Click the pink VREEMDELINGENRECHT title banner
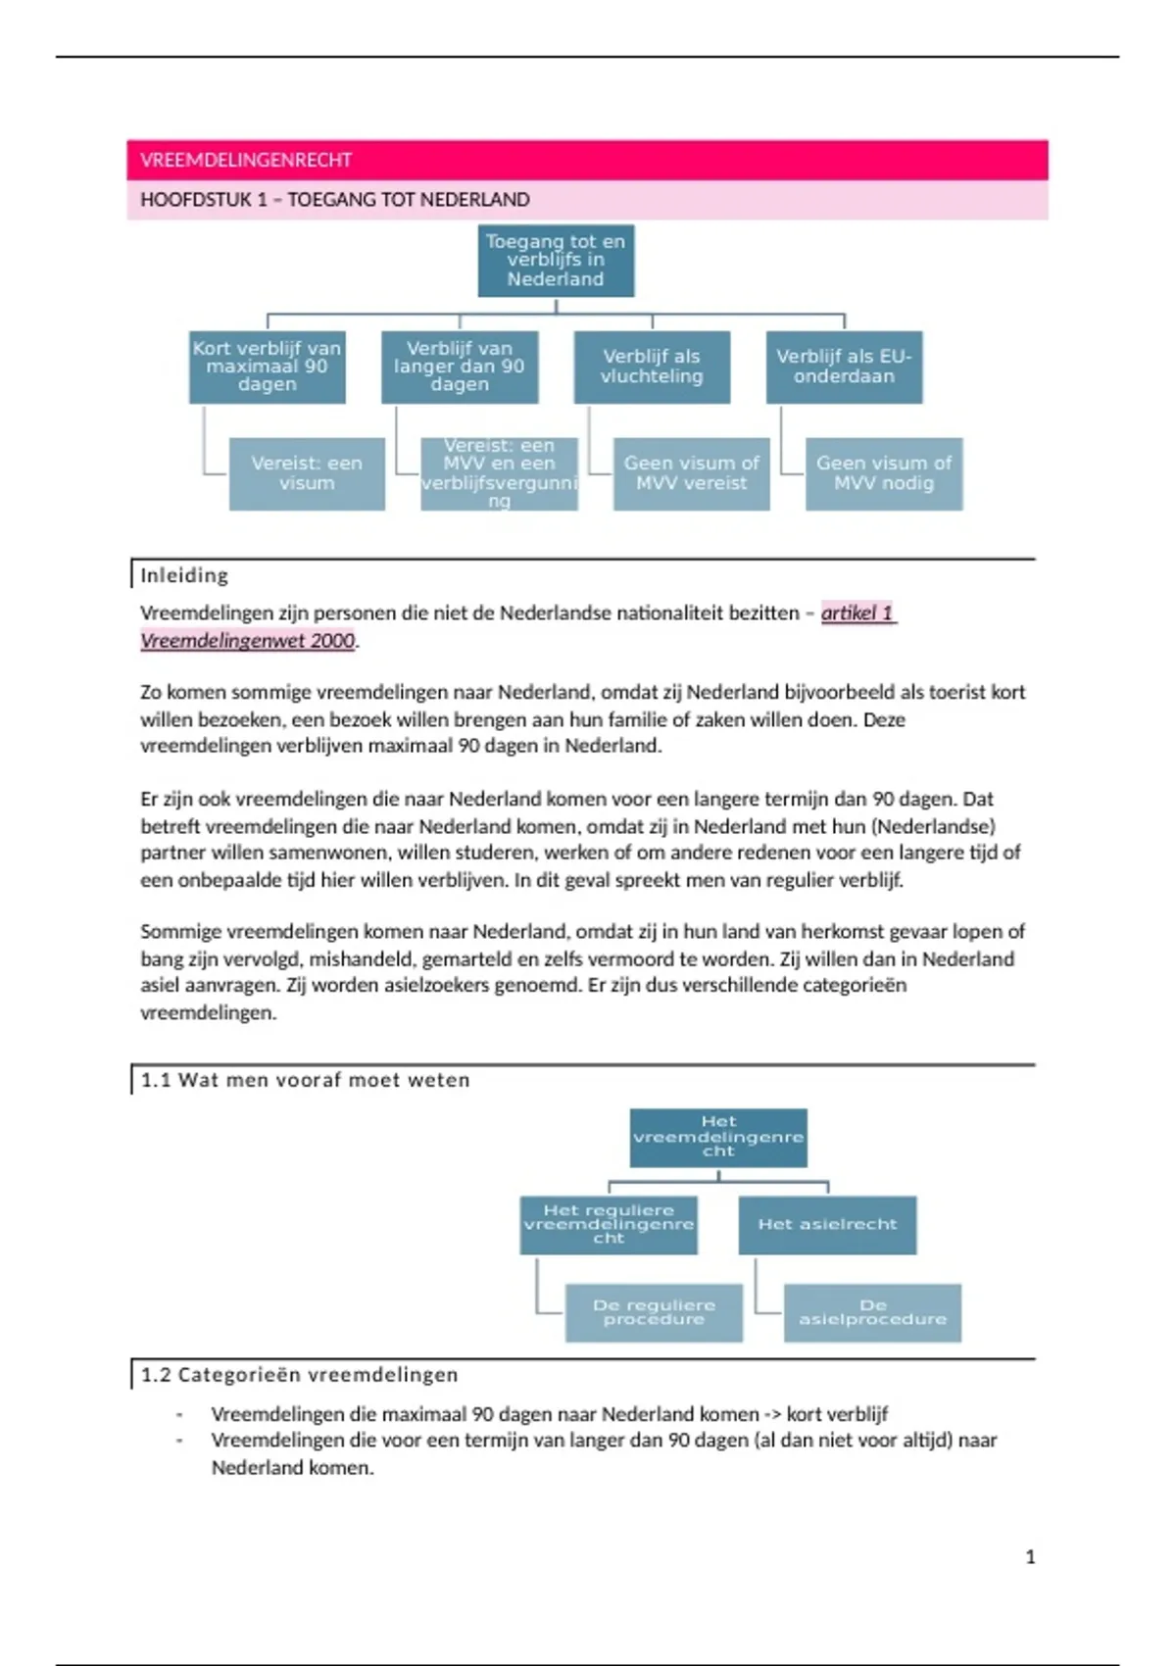pyautogui.click(x=587, y=160)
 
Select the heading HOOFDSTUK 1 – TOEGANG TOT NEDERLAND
pyautogui.click(x=334, y=200)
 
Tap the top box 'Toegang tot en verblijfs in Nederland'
pyautogui.click(x=556, y=260)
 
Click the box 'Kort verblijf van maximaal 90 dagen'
pyautogui.click(x=267, y=367)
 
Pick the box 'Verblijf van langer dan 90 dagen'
pyautogui.click(x=459, y=367)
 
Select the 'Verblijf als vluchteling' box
pyautogui.click(x=652, y=367)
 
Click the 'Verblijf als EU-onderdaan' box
pyautogui.click(x=844, y=367)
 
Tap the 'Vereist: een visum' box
pyautogui.click(x=307, y=473)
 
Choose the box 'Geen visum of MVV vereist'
pyautogui.click(x=691, y=473)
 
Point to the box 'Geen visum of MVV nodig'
pyautogui.click(x=884, y=473)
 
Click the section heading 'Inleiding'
pyautogui.click(x=184, y=575)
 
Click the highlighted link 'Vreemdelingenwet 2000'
pyautogui.click(x=247, y=641)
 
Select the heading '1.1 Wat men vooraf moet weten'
pyautogui.click(x=305, y=1080)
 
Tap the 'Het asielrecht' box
pyautogui.click(x=827, y=1224)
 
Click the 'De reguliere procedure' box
pyautogui.click(x=654, y=1312)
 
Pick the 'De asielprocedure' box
pyautogui.click(x=872, y=1312)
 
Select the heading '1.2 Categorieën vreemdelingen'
pyautogui.click(x=299, y=1375)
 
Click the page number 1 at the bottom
pyautogui.click(x=1030, y=1556)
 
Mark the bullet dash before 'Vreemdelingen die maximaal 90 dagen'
pyautogui.click(x=179, y=1414)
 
